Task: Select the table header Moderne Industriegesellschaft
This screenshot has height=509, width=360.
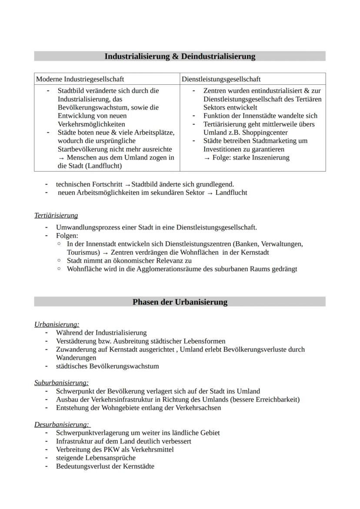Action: [x=80, y=79]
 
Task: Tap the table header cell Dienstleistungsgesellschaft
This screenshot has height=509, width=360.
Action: [x=221, y=79]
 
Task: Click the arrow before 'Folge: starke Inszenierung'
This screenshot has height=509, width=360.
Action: [x=207, y=158]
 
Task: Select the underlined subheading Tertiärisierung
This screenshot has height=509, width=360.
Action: [x=56, y=216]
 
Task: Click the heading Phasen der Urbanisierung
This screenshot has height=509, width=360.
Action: [x=180, y=302]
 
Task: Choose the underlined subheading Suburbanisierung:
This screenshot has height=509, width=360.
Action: [x=61, y=383]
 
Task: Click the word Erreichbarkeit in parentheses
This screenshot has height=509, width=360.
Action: [x=277, y=399]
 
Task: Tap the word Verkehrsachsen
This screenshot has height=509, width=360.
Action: [x=199, y=408]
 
